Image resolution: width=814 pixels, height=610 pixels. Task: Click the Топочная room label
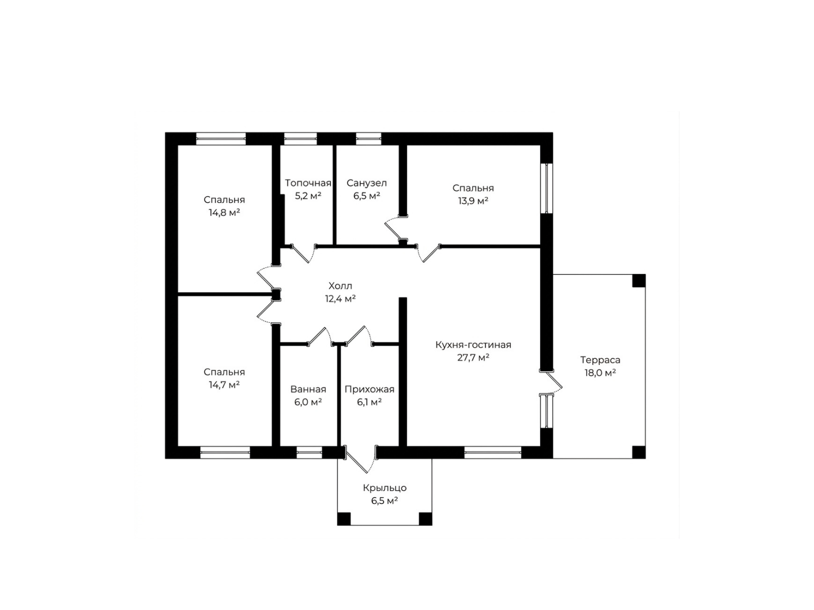tap(308, 183)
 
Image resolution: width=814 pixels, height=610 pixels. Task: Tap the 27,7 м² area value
tap(473, 358)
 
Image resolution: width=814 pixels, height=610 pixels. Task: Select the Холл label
tap(340, 286)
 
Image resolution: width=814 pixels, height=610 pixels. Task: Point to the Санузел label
tap(366, 183)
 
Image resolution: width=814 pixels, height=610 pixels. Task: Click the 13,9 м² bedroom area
tap(473, 201)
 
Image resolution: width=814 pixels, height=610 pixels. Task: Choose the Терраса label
tap(600, 359)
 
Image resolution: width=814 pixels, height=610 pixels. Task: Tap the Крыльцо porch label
tap(385, 488)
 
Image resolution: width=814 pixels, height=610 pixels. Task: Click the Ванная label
tap(308, 389)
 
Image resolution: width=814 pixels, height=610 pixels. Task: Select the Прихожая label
tap(369, 389)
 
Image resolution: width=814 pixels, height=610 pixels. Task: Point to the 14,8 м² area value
tap(224, 212)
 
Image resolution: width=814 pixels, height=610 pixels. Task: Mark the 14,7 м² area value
tap(224, 385)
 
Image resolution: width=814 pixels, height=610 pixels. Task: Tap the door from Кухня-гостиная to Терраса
tap(551, 382)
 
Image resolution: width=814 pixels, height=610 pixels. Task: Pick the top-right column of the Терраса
tap(638, 281)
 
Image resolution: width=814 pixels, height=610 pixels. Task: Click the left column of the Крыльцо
tap(344, 518)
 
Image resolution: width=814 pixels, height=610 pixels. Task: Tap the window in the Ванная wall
tap(309, 452)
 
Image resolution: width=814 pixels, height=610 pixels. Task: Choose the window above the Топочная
tap(300, 138)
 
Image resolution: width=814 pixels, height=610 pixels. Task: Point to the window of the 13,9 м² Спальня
tap(546, 188)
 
